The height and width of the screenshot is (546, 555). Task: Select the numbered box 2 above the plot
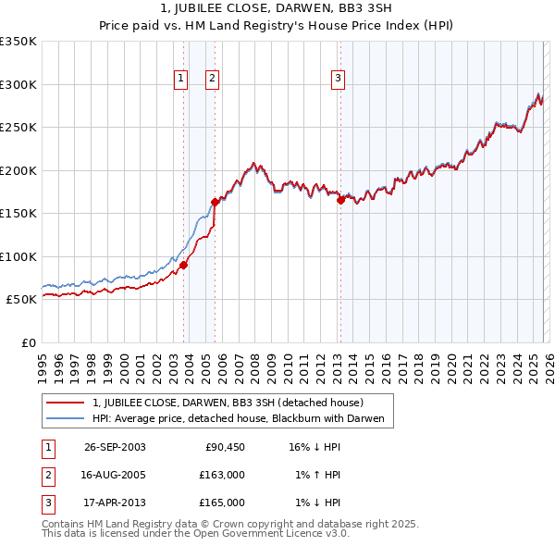pos(212,80)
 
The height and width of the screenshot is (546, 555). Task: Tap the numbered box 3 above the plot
pos(339,80)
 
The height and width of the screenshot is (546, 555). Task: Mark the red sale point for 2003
pos(183,265)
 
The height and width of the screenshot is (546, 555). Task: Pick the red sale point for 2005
pos(215,201)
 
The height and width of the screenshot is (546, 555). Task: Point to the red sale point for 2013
pos(340,199)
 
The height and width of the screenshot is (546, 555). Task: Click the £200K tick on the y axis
pos(18,170)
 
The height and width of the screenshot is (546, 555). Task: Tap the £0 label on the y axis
pos(28,342)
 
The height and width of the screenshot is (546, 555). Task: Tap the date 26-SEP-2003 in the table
pos(115,447)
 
